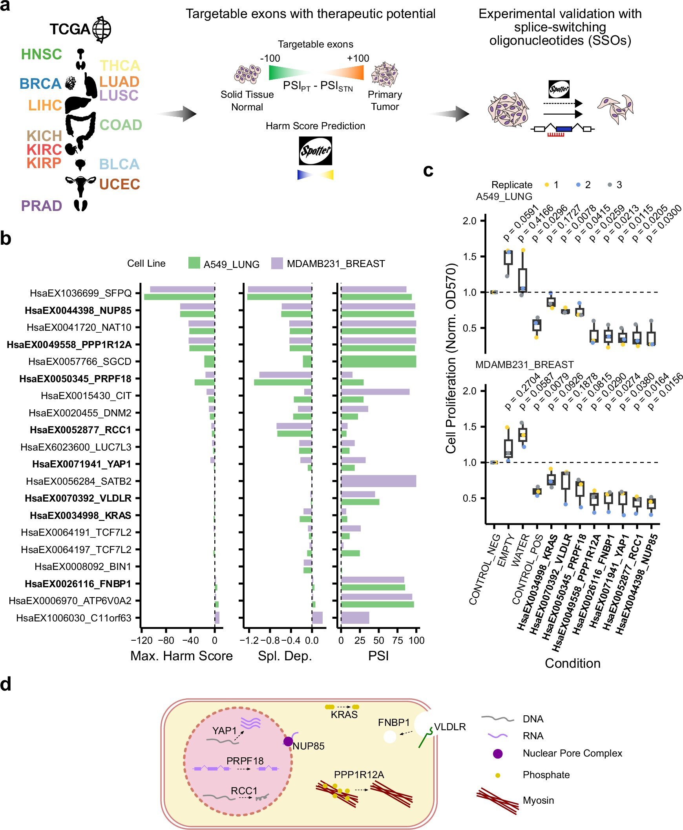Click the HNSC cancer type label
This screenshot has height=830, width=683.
(x=41, y=54)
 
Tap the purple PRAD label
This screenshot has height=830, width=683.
(x=41, y=205)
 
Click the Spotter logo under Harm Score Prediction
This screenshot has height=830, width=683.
(x=315, y=151)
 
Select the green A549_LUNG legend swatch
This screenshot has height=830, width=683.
(x=194, y=263)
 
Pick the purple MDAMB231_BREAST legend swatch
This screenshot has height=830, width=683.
(x=277, y=263)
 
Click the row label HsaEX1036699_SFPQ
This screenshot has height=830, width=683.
(x=80, y=293)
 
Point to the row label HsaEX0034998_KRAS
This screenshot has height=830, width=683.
(x=80, y=515)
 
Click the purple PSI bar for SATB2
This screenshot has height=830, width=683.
(x=378, y=481)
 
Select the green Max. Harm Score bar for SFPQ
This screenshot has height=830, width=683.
(x=179, y=297)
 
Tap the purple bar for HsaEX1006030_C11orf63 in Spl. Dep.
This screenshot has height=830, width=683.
(x=317, y=618)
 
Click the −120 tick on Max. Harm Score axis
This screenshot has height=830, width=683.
(x=142, y=640)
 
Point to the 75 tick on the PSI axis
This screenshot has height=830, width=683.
(x=397, y=640)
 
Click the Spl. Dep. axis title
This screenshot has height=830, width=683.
(x=285, y=656)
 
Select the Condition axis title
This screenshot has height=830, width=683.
(x=572, y=663)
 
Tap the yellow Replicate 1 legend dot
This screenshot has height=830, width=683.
(x=546, y=185)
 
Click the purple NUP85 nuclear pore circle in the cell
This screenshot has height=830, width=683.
(x=288, y=741)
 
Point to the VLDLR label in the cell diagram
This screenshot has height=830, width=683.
(x=450, y=727)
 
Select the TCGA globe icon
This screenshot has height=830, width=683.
(x=102, y=29)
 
